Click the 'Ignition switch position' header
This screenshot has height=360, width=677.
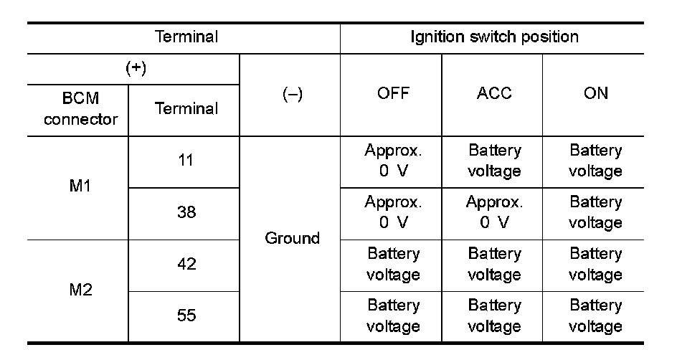pyautogui.click(x=494, y=37)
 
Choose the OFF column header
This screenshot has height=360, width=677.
pyautogui.click(x=392, y=95)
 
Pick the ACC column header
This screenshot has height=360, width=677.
pyautogui.click(x=494, y=95)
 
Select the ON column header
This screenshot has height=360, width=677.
pyautogui.click(x=595, y=95)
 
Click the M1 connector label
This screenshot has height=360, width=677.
pyautogui.click(x=79, y=188)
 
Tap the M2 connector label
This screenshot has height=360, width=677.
pyautogui.click(x=79, y=290)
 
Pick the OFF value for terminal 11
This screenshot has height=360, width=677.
pyautogui.click(x=393, y=161)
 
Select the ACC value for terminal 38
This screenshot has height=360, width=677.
pyautogui.click(x=494, y=213)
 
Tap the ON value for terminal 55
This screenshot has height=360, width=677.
pyautogui.click(x=595, y=316)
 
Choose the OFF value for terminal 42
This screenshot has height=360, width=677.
pyautogui.click(x=393, y=265)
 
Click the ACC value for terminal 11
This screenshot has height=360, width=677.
pyautogui.click(x=494, y=161)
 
